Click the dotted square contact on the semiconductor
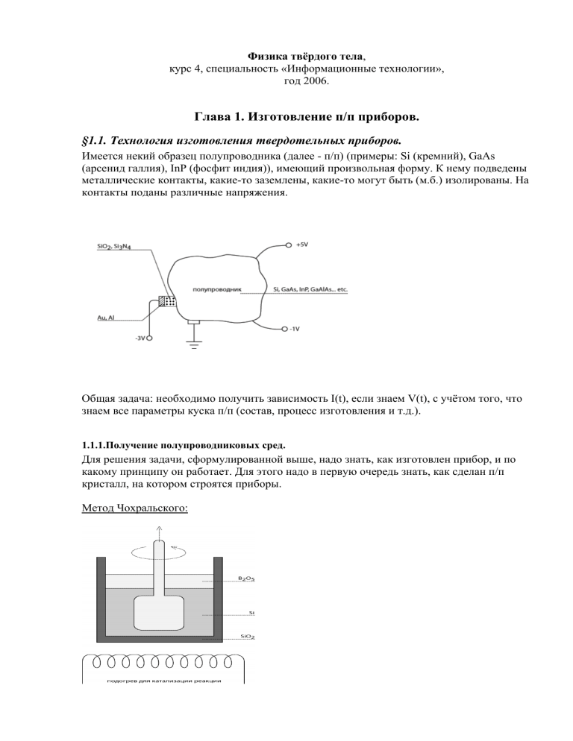(x=170, y=302)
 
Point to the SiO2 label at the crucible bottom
(x=249, y=637)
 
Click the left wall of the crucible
(x=101, y=596)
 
